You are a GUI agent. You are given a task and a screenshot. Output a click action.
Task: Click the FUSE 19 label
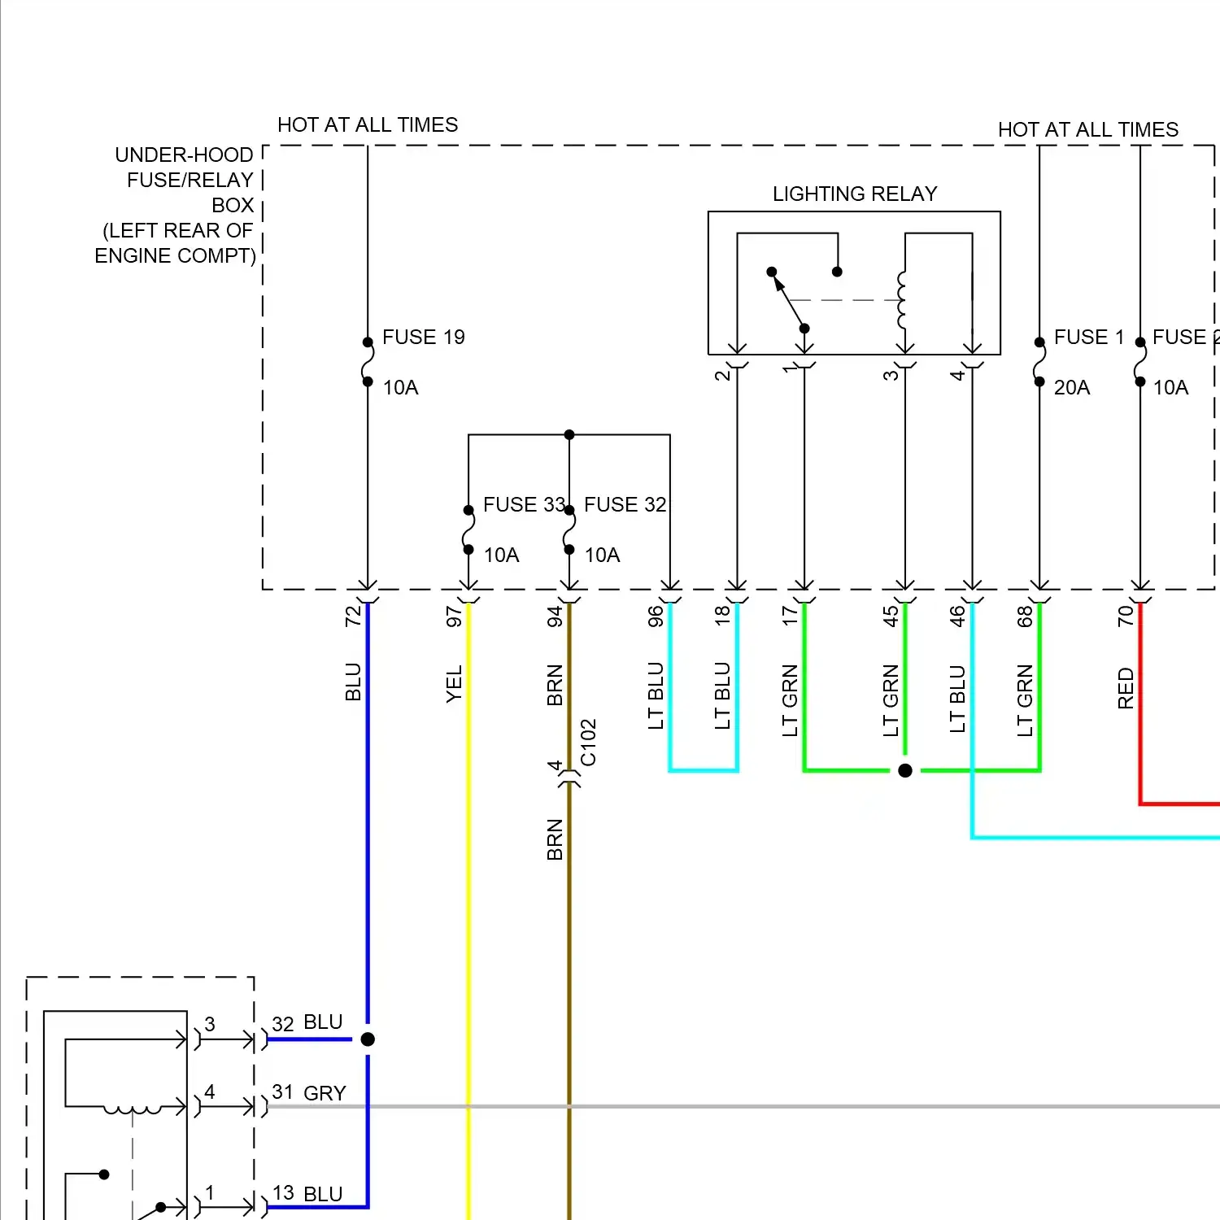[x=424, y=337]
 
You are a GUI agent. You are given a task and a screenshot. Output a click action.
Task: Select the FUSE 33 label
[x=524, y=504]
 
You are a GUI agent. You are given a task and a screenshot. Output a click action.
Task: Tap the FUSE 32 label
[x=625, y=504]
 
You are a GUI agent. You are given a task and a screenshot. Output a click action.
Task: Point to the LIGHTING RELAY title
[x=855, y=194]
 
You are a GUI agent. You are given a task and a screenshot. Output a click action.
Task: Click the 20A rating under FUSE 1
[x=1072, y=387]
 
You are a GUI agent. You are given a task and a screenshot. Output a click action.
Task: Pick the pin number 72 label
[x=352, y=617]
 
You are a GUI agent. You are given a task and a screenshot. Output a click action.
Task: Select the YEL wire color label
[x=454, y=683]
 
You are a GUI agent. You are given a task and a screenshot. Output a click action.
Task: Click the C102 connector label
[x=588, y=743]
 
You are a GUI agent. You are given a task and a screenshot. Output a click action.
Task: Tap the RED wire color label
[x=1126, y=688]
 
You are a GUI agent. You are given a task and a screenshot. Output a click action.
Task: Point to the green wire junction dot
[x=905, y=770]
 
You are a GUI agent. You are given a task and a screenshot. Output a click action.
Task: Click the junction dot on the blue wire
[x=368, y=1039]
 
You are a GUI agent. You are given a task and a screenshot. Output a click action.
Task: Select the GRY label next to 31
[x=325, y=1093]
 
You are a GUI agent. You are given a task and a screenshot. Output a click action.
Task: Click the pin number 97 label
[x=454, y=617]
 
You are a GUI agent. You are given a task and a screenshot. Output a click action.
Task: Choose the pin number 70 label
[x=1126, y=616]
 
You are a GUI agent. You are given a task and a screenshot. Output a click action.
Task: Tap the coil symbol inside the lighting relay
[x=901, y=300]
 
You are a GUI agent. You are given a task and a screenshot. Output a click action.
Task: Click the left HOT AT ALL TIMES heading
[x=368, y=124]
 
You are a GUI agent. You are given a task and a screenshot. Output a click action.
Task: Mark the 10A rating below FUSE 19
[x=400, y=387]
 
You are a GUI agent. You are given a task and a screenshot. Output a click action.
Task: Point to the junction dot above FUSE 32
[x=569, y=435]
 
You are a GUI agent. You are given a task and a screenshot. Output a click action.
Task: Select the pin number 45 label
[x=891, y=616]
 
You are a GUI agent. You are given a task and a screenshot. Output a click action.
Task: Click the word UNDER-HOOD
[x=184, y=155]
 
